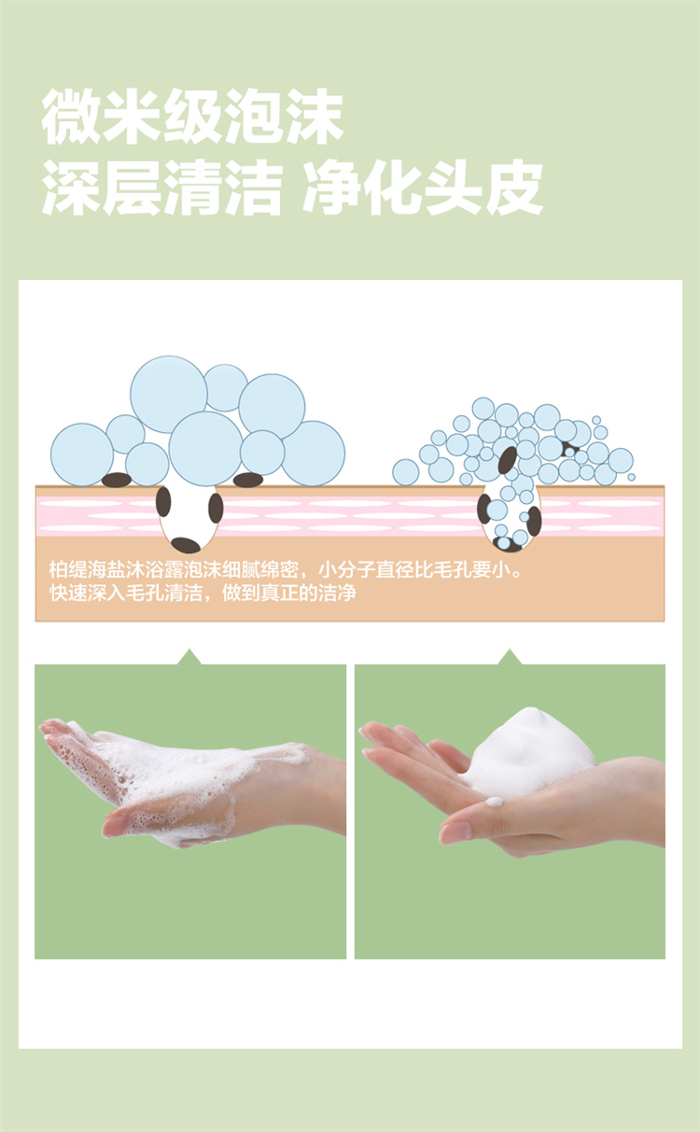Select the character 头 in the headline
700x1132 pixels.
(x=453, y=189)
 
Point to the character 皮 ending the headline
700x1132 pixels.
(x=514, y=189)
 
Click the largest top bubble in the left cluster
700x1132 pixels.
(x=169, y=394)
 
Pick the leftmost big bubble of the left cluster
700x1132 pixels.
(x=82, y=454)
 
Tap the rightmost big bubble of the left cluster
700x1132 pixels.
(x=314, y=454)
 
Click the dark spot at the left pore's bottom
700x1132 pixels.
(x=186, y=545)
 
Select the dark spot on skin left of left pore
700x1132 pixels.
(x=117, y=480)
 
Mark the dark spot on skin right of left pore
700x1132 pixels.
(x=248, y=480)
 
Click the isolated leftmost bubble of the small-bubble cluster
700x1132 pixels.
(x=406, y=472)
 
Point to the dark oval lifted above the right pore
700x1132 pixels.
(x=508, y=460)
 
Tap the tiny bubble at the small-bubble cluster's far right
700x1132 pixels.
(x=631, y=477)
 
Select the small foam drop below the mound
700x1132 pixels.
(x=494, y=802)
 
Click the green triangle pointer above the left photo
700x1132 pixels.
(x=189, y=657)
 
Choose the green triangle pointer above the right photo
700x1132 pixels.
(x=510, y=657)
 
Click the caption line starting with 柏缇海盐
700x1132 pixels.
(x=285, y=569)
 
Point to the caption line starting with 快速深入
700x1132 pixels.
(x=203, y=593)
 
